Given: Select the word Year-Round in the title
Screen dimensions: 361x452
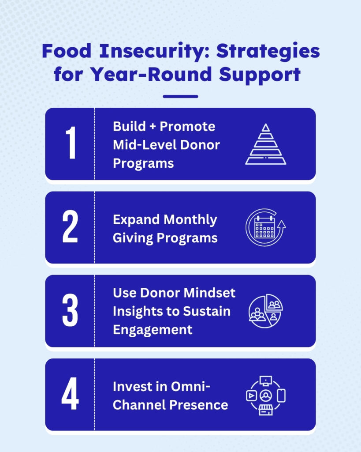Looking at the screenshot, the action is point(152,74).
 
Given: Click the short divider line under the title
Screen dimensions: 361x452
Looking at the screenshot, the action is point(181,97).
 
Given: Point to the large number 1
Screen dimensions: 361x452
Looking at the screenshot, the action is point(71,143).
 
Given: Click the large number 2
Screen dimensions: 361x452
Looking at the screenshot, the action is point(70,226).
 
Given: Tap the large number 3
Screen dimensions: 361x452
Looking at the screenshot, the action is point(70,310).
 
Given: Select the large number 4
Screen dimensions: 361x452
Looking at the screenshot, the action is point(70,393).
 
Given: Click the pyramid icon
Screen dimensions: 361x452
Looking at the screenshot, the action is point(266,144).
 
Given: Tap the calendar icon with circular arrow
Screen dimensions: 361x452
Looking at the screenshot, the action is point(265,227).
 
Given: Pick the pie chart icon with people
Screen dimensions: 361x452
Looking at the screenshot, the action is point(266,311).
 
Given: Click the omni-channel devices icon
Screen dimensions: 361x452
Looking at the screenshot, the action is point(266,395).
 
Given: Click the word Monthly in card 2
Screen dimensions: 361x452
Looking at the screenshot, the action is point(190,220).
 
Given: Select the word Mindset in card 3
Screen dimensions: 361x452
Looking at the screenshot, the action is point(209,293).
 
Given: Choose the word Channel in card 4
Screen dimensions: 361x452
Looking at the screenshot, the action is point(139,405).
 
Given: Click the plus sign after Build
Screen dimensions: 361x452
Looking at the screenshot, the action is point(153,127).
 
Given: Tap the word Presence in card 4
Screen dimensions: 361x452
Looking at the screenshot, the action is point(199,405).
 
